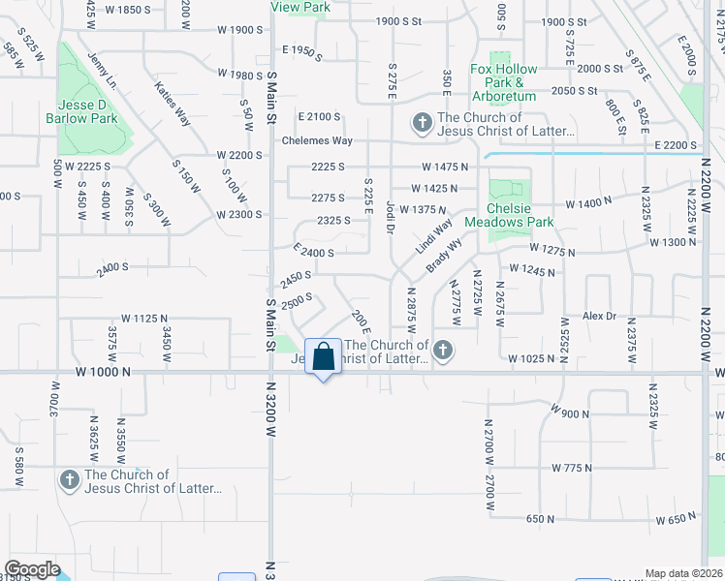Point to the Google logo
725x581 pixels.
[33, 569]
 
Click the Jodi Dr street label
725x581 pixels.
[390, 216]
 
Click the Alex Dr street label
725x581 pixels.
[599, 316]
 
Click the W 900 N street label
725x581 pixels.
[569, 413]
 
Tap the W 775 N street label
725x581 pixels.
[571, 468]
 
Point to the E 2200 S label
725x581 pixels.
[676, 145]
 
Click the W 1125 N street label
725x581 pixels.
[144, 318]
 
